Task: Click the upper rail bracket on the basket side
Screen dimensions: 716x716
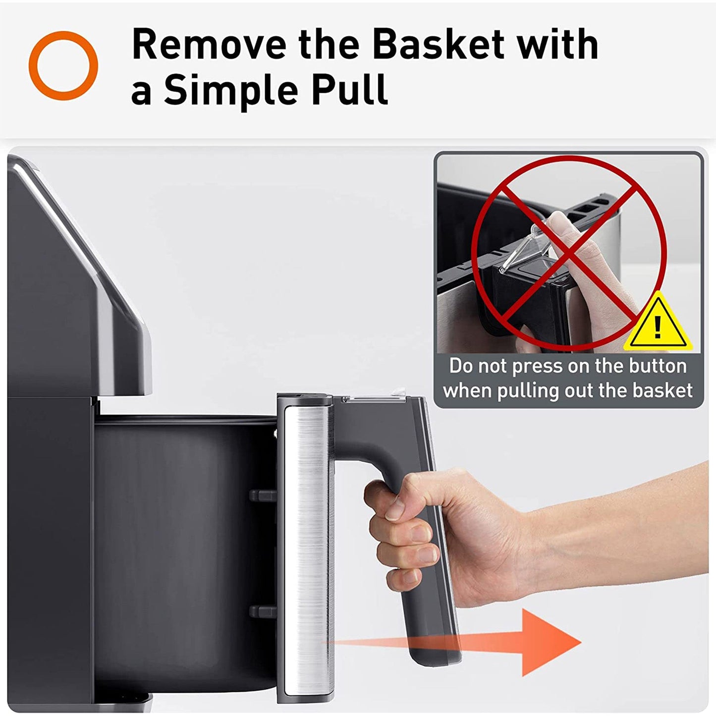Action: [x=263, y=496]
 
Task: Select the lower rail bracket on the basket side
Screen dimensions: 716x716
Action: [x=263, y=611]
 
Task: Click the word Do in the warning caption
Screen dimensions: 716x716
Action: [x=461, y=366]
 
